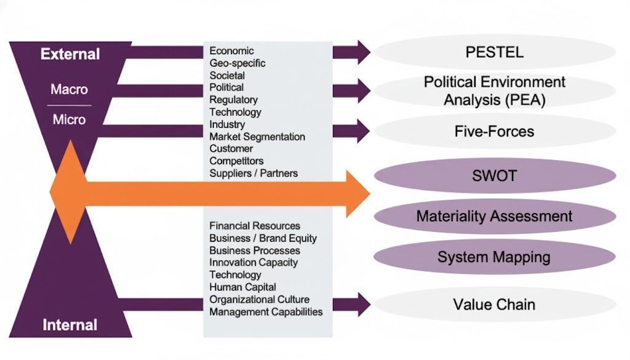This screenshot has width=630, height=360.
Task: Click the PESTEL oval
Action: [494, 52]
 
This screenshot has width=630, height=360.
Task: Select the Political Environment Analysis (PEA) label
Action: [494, 90]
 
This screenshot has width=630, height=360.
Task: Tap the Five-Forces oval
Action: [494, 131]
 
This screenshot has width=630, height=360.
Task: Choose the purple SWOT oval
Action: [494, 176]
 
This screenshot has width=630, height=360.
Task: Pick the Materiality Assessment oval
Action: [494, 216]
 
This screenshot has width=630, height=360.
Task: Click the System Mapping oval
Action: [494, 257]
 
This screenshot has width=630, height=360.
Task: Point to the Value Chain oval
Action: [494, 304]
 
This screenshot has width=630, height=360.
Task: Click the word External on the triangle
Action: [70, 54]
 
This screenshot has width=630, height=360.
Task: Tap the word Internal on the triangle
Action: [70, 325]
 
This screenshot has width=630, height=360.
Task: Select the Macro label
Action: [69, 90]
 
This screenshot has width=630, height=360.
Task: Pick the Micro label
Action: [69, 119]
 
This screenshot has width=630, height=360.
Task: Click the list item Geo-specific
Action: [237, 63]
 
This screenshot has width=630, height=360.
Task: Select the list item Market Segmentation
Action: [257, 137]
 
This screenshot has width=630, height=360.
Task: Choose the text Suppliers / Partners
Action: [253, 174]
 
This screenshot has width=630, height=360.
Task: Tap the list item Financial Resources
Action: [255, 226]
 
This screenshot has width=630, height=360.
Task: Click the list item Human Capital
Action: [242, 287]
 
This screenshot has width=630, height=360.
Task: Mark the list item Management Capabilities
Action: [266, 311]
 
